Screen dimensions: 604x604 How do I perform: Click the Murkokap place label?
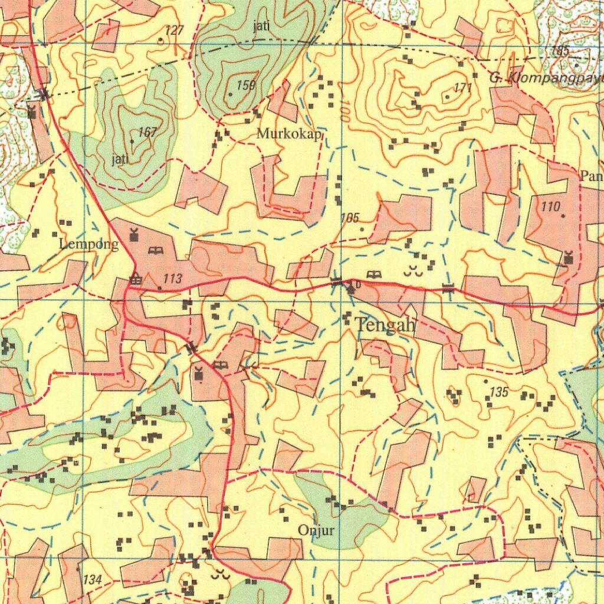coord(290,134)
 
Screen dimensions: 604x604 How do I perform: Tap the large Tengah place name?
coord(386,324)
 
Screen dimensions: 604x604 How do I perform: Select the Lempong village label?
coord(89,245)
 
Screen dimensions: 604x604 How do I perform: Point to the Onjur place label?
coord(316,530)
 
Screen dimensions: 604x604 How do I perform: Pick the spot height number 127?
coord(175,31)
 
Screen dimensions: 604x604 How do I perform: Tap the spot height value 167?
coord(147,133)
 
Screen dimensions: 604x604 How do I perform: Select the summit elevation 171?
coord(464,88)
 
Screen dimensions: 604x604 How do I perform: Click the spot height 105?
coord(350,218)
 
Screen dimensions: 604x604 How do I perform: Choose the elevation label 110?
coord(550,206)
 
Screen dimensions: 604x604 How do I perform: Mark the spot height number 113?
coord(173,279)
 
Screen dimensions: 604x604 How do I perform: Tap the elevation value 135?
coord(499,392)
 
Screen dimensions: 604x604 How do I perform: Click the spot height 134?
coord(93,580)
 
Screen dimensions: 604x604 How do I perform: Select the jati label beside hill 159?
coord(262,26)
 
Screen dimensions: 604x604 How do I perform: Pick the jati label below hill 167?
coord(120,159)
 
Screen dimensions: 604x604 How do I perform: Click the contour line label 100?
coord(344,111)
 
